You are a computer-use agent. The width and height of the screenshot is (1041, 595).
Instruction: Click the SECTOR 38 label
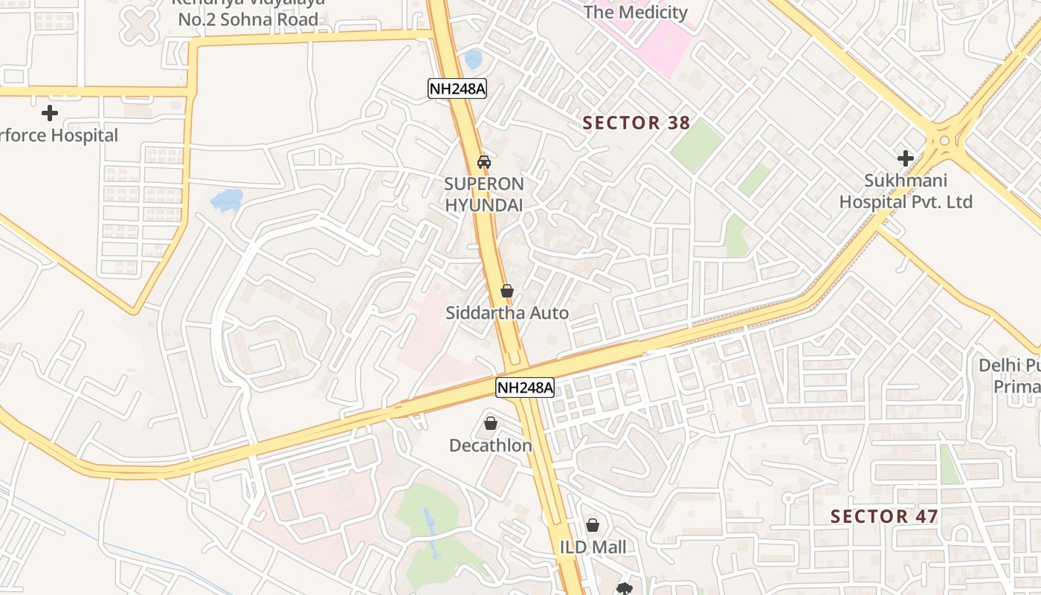coord(636,123)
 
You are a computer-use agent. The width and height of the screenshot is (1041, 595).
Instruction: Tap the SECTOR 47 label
coord(883,516)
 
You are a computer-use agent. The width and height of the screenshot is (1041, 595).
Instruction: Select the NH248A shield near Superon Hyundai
coord(457,89)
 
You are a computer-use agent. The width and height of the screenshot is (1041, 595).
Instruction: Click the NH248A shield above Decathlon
coord(525,387)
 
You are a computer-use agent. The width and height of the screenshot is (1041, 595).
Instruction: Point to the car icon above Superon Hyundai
coord(483,161)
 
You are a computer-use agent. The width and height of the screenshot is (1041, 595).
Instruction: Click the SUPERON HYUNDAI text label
coord(484,194)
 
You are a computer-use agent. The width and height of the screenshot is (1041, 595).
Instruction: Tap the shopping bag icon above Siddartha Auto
coord(506,291)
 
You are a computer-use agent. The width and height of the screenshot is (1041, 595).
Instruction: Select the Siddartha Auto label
coord(506,313)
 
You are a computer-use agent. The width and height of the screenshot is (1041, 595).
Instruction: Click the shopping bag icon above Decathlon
coord(490,423)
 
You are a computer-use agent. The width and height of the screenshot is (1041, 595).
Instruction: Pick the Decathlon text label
coord(490,446)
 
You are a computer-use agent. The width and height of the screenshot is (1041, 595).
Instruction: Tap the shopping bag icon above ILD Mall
coord(592,525)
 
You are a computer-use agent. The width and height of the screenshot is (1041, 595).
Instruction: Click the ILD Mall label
coord(592,547)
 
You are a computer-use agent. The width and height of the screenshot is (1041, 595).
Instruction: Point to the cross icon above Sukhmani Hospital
coord(905,158)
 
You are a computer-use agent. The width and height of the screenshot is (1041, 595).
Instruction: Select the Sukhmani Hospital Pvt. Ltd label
coord(905,191)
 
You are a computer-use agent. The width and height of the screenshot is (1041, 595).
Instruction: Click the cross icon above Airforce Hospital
coord(50,113)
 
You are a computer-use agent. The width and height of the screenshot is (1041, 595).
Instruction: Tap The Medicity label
coord(635,12)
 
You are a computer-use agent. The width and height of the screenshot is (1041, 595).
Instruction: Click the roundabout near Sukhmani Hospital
coord(944,139)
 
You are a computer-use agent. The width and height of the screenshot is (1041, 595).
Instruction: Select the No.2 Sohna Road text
coord(248,19)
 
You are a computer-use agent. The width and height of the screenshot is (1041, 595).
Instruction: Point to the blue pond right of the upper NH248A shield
coord(473,58)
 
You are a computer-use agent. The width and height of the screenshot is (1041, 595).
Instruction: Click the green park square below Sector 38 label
coord(696,146)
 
